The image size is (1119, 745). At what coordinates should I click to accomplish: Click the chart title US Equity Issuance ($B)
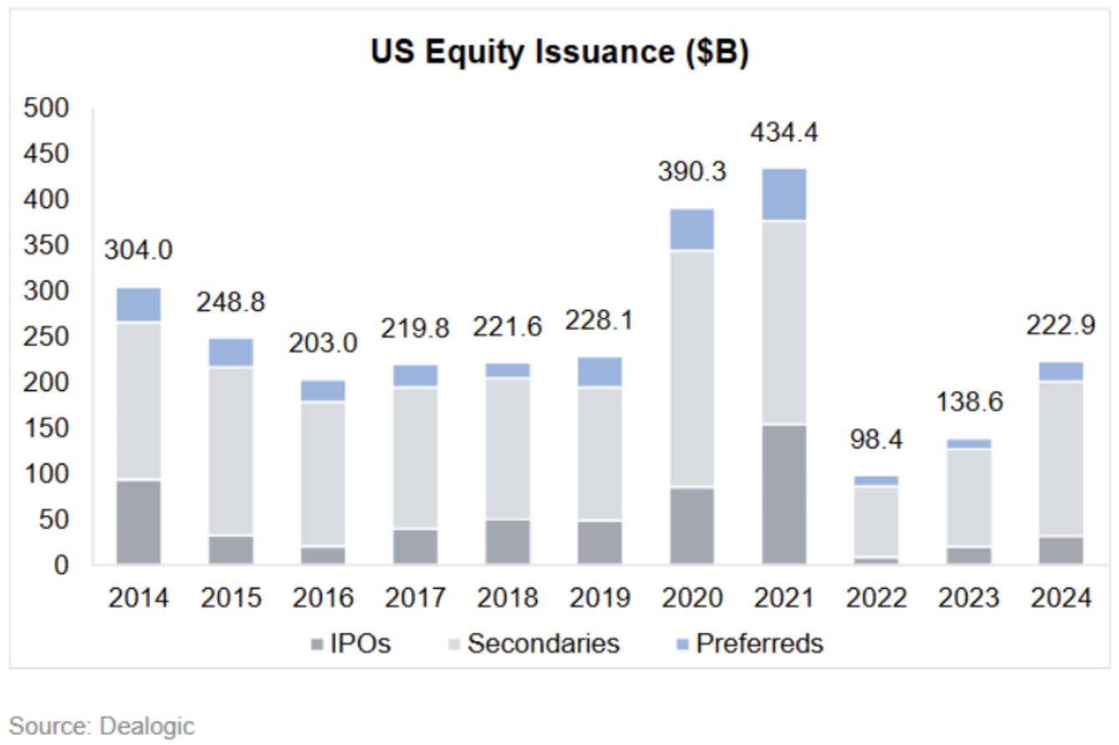pyautogui.click(x=559, y=53)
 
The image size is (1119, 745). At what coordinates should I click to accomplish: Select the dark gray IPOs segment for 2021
pyautogui.click(x=783, y=494)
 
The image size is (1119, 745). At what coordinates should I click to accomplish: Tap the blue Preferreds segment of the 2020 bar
pyautogui.click(x=691, y=229)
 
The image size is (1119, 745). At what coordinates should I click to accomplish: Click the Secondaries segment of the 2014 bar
pyautogui.click(x=139, y=401)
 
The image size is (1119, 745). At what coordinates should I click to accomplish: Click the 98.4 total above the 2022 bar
pyautogui.click(x=876, y=439)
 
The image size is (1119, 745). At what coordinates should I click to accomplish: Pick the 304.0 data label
pyautogui.click(x=139, y=250)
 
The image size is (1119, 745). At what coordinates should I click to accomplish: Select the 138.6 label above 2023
pyautogui.click(x=968, y=403)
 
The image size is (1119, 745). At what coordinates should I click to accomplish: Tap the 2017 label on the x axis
pyautogui.click(x=415, y=599)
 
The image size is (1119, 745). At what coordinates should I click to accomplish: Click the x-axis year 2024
pyautogui.click(x=1060, y=599)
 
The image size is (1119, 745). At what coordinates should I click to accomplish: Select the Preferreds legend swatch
pyautogui.click(x=680, y=644)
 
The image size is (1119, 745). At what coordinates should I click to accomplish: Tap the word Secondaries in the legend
pyautogui.click(x=543, y=643)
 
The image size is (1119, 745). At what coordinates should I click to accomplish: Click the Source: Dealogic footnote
pyautogui.click(x=102, y=725)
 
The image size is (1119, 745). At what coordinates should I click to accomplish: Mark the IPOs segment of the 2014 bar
pyautogui.click(x=139, y=521)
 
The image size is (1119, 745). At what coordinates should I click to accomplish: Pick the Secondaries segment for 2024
pyautogui.click(x=1060, y=459)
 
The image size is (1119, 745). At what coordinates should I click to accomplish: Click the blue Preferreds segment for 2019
pyautogui.click(x=600, y=372)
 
